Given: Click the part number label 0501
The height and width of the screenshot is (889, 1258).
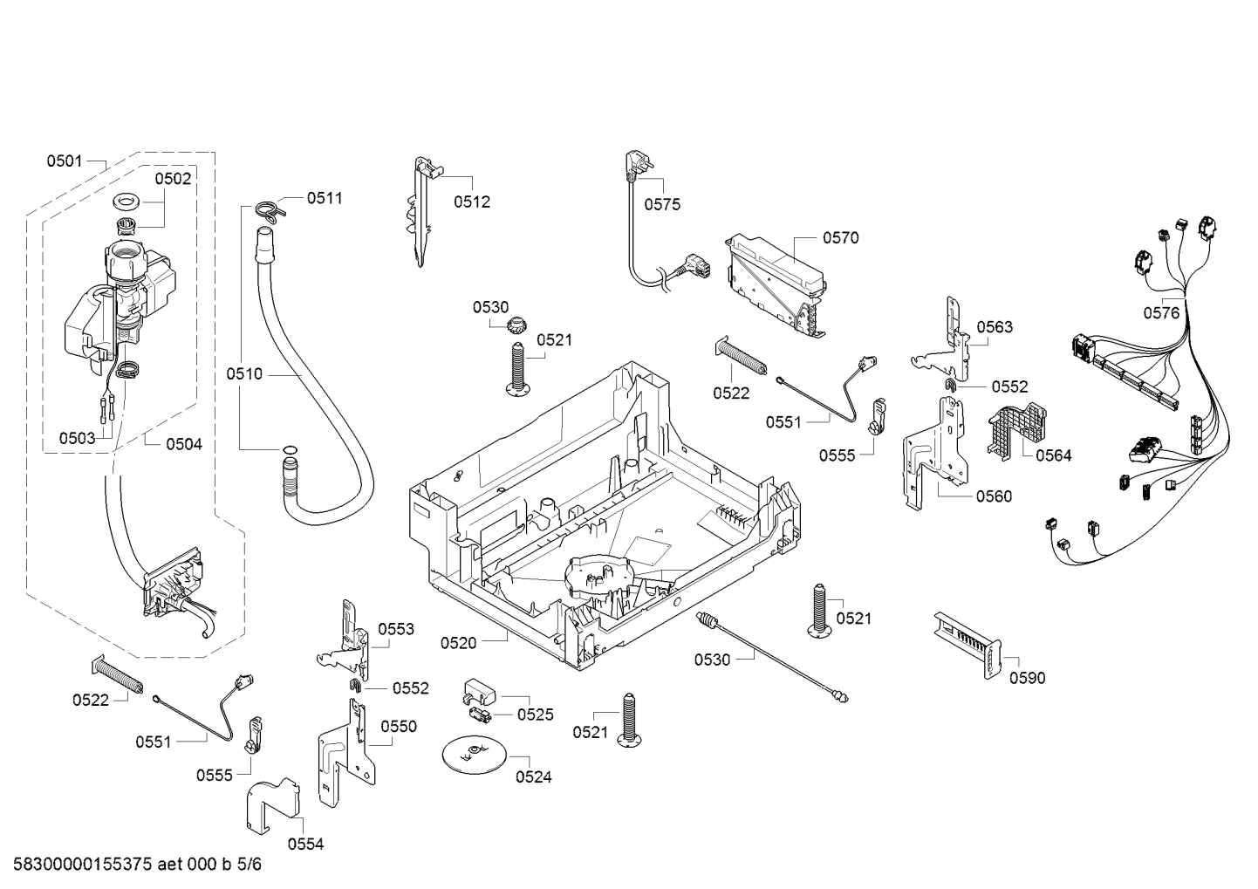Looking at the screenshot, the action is [x=65, y=161].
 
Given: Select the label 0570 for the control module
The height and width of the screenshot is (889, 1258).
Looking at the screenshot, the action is [x=841, y=238].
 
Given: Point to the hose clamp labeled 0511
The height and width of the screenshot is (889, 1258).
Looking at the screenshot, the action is [x=269, y=211].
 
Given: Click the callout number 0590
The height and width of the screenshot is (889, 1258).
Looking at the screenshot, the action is [x=1028, y=679].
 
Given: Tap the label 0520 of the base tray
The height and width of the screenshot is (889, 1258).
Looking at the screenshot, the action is [x=458, y=644].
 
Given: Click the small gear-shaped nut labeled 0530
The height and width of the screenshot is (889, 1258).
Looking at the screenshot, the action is [x=515, y=325].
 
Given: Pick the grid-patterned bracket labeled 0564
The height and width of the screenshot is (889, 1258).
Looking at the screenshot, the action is [x=1016, y=431].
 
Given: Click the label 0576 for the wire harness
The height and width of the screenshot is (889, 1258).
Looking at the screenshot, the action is [x=1162, y=313].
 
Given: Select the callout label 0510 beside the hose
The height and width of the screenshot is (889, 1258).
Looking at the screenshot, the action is [x=244, y=374].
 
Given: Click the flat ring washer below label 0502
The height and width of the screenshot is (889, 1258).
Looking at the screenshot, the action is [x=128, y=201].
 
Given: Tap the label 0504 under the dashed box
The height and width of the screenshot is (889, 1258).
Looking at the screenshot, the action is [x=184, y=445].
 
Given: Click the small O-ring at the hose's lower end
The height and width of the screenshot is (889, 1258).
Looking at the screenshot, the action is [x=289, y=449].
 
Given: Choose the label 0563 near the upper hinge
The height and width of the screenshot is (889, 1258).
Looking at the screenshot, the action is [x=995, y=327].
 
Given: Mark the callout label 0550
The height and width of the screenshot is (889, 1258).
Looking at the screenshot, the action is [x=399, y=727].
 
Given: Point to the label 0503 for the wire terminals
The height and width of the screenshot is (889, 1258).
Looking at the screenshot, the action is [x=78, y=438].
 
